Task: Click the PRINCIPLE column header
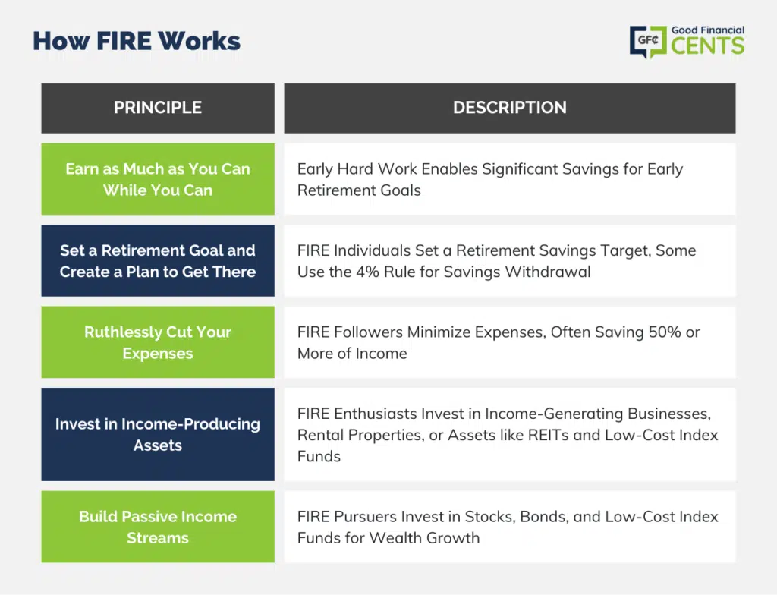pyautogui.click(x=158, y=108)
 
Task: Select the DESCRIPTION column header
pyautogui.click(x=509, y=108)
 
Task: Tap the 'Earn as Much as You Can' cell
pyautogui.click(x=158, y=179)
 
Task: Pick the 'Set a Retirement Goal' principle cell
pyautogui.click(x=158, y=261)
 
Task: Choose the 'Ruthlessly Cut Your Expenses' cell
pyautogui.click(x=158, y=342)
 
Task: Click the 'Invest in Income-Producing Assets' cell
pyautogui.click(x=158, y=434)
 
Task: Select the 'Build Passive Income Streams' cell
pyautogui.click(x=158, y=527)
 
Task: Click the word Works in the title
pyautogui.click(x=200, y=41)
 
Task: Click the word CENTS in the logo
pyautogui.click(x=708, y=46)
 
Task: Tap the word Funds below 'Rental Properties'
pyautogui.click(x=319, y=456)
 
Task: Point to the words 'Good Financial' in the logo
pyautogui.click(x=708, y=30)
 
